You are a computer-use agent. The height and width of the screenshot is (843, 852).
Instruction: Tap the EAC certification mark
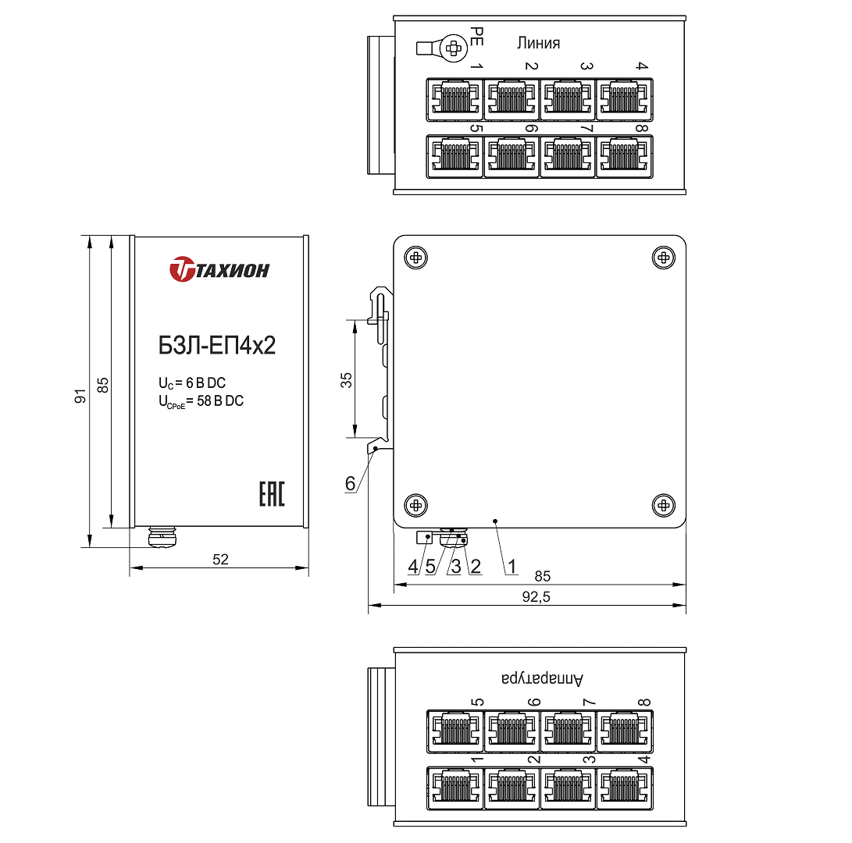[x=271, y=495]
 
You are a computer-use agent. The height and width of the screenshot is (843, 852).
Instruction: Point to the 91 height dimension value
[x=80, y=397]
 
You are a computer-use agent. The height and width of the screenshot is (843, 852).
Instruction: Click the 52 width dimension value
[x=220, y=559]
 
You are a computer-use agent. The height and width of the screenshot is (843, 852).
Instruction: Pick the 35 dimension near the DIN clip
[x=347, y=379]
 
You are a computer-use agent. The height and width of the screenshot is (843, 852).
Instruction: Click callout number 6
[x=350, y=484]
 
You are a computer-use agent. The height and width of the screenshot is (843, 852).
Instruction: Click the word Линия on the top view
[x=538, y=43]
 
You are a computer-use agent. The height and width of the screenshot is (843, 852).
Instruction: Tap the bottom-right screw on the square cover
[x=663, y=505]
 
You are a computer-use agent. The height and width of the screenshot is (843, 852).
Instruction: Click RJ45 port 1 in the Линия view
[x=455, y=100]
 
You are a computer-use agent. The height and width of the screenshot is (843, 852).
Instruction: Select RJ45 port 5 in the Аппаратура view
[x=455, y=731]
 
